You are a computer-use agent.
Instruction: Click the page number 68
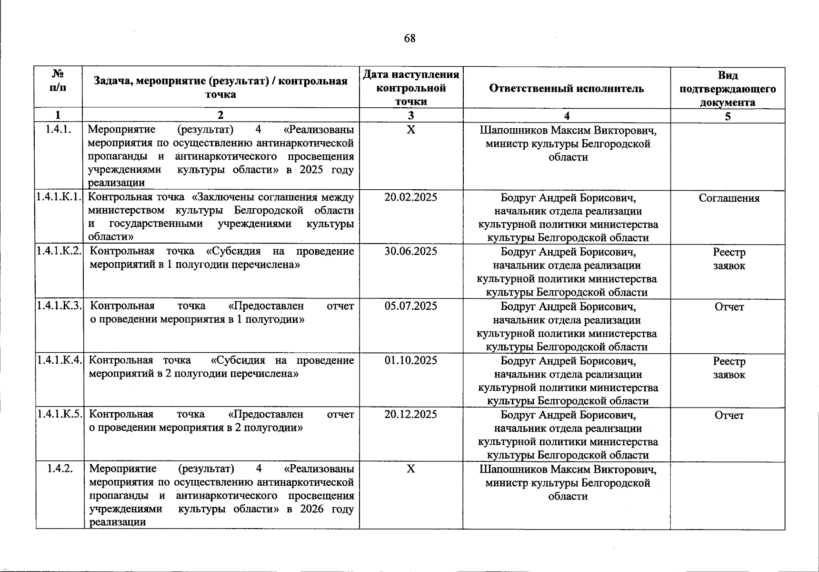coord(409,39)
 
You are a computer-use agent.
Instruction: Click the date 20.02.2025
coord(410,197)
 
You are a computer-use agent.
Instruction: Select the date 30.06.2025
coord(410,251)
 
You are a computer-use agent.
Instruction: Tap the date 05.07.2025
coord(410,306)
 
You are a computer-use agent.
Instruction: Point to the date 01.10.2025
coord(410,360)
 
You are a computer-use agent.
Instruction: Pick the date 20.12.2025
coord(410,414)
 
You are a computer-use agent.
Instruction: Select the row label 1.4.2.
coord(60,469)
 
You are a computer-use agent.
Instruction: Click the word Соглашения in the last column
coord(729,198)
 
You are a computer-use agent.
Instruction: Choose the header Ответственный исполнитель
coord(566,89)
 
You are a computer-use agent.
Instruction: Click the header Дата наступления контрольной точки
coord(410,88)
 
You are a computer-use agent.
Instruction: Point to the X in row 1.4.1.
coord(410,130)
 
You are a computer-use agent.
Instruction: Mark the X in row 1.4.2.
coord(410,469)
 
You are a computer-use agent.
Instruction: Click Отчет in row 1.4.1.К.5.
coord(729,415)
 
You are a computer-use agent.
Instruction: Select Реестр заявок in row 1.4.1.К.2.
coord(729,259)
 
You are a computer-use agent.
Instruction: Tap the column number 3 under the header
coord(410,115)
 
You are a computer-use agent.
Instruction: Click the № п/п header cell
coord(58,81)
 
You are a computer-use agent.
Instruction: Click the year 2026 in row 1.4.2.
coord(311,509)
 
